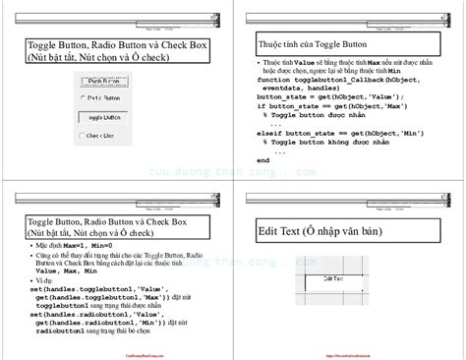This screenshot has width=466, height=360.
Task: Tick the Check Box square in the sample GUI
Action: (x=82, y=136)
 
